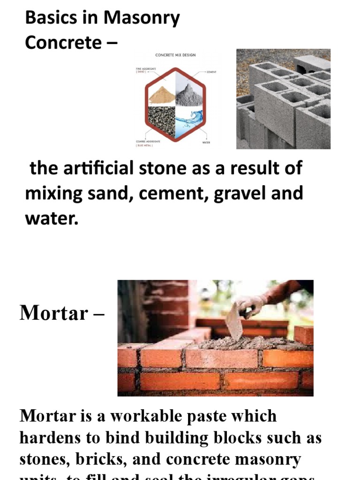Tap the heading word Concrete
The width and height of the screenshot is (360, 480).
point(62,43)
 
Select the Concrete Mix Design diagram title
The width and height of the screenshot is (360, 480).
point(175,55)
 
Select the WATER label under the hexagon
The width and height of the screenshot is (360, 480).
point(206,142)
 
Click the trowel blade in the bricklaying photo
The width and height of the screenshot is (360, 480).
point(234,323)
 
